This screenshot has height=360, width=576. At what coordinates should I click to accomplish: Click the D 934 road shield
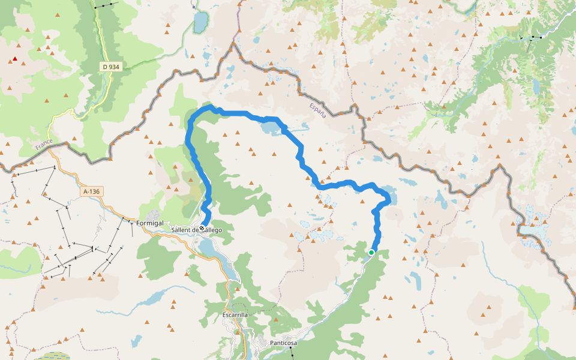click(112, 67)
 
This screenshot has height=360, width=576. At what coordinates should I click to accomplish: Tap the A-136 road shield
click(92, 191)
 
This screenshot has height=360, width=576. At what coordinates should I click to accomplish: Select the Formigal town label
click(150, 223)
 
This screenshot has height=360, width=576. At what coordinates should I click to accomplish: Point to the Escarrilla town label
click(235, 314)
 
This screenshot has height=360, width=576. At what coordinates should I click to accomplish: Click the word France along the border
click(44, 145)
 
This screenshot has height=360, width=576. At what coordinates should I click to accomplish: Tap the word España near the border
click(317, 110)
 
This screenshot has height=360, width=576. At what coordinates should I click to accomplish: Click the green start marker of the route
click(371, 253)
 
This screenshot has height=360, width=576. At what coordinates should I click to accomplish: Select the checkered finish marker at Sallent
click(202, 227)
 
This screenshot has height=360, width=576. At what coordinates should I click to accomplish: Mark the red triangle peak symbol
click(15, 59)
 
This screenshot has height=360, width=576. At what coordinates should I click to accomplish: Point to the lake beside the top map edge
click(200, 23)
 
